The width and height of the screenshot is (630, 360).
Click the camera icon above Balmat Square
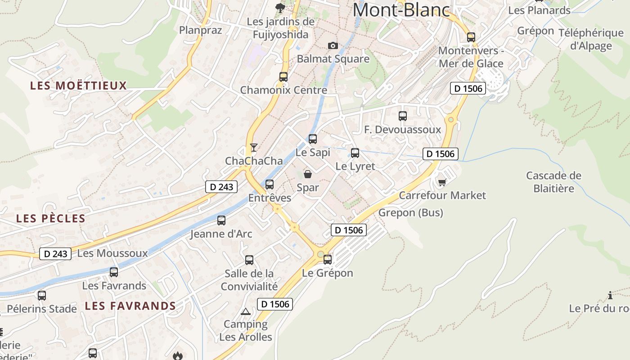tap(333, 45)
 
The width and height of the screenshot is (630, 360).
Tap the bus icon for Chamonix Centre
tap(283, 76)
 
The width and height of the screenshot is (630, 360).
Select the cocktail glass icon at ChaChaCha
tap(254, 147)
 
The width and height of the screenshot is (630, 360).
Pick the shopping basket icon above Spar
tap(308, 174)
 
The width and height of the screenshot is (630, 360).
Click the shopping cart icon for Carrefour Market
tap(442, 182)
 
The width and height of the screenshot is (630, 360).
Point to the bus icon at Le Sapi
tap(312, 139)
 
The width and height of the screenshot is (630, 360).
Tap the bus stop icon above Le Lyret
tap(355, 153)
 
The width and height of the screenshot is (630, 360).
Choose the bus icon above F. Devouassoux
tap(403, 116)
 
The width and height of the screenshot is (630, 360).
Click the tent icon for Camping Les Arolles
tap(246, 311)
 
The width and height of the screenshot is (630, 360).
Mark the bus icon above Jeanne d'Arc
tap(221, 220)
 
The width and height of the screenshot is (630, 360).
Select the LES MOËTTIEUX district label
tap(79, 85)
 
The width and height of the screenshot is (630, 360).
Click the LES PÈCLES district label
tap(51, 219)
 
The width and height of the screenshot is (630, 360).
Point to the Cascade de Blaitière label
tap(553, 182)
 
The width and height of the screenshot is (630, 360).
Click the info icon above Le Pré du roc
tap(610, 295)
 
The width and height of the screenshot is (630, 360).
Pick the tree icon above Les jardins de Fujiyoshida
tap(280, 8)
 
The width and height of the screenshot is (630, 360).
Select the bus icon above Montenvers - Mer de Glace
tap(471, 37)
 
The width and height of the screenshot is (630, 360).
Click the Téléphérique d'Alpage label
tap(591, 39)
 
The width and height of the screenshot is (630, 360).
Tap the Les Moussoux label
tap(112, 253)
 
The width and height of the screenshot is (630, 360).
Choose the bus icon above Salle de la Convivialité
tap(249, 260)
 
